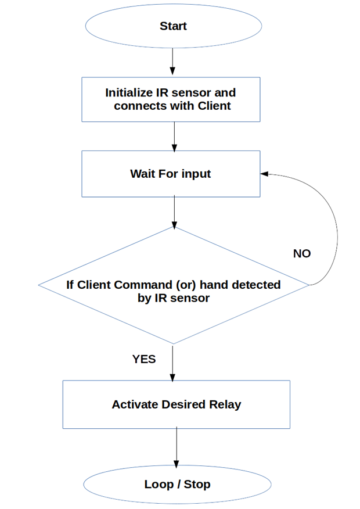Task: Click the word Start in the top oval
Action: (173, 26)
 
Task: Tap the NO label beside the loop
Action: (302, 253)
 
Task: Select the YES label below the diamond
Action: (144, 359)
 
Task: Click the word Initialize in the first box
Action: (129, 93)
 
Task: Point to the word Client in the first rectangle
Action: (214, 106)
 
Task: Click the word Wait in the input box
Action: (142, 174)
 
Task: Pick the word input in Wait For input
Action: (196, 174)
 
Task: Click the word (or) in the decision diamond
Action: (186, 285)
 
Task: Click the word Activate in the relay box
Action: (135, 404)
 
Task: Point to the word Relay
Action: (225, 404)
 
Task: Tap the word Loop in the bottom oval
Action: (159, 485)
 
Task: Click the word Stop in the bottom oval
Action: (197, 485)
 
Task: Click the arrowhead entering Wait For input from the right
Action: (264, 174)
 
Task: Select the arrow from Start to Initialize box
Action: (172, 62)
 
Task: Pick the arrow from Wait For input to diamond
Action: (175, 212)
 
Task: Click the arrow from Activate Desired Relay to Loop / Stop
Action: (177, 447)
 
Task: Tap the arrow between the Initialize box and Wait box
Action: (175, 137)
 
